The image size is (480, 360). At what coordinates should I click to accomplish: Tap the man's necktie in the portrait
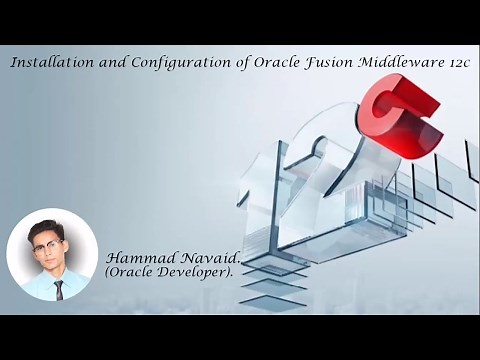point(59,289)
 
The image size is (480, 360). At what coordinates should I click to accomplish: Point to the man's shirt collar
point(52,279)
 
